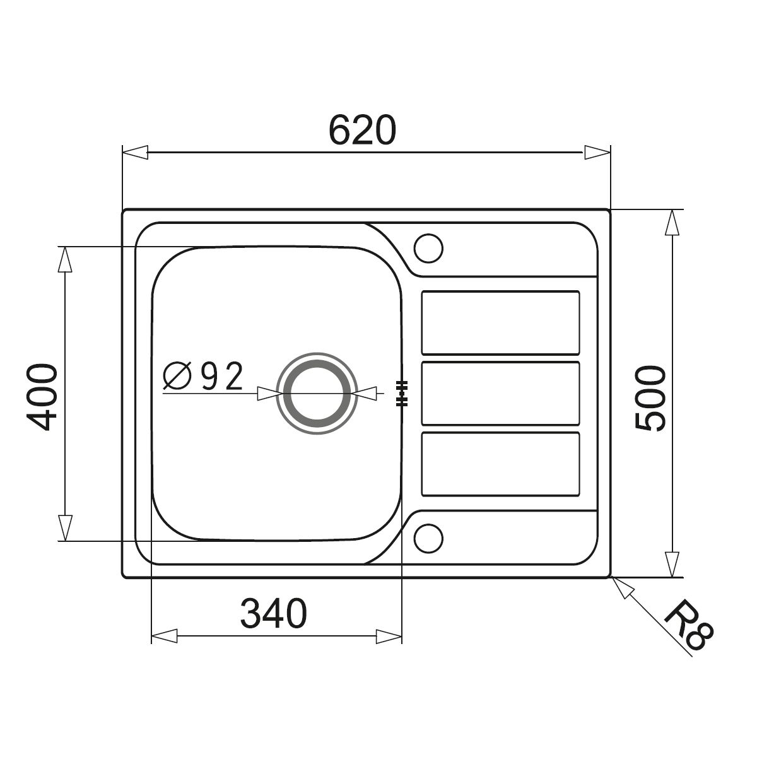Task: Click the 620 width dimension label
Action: pyautogui.click(x=362, y=130)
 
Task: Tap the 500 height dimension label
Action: pyautogui.click(x=650, y=398)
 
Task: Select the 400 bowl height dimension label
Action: pyautogui.click(x=42, y=397)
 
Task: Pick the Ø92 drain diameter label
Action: pyautogui.click(x=203, y=376)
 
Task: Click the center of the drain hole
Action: pyautogui.click(x=317, y=393)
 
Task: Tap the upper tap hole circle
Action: pyautogui.click(x=428, y=249)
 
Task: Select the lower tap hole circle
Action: pyautogui.click(x=428, y=538)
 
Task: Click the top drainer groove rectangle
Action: pyautogui.click(x=500, y=322)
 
